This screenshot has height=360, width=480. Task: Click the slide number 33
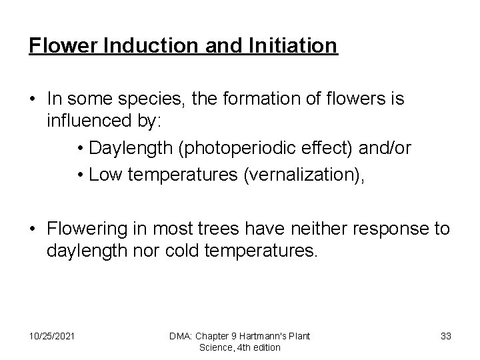446,336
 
